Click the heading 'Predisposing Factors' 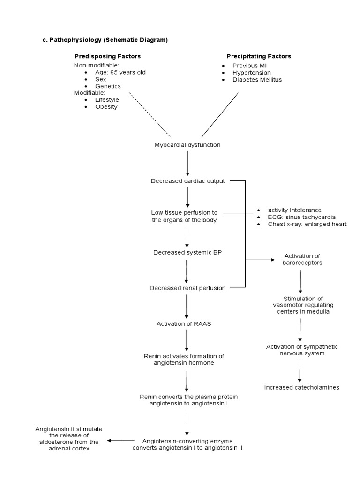point(108,56)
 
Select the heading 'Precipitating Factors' point(259,56)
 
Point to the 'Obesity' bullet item point(106,106)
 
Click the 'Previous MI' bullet point(249,66)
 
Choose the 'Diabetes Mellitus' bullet point(257,79)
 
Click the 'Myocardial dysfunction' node point(187,145)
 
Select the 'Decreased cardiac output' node point(187,181)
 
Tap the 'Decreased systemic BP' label point(187,252)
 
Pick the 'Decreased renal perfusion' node point(187,288)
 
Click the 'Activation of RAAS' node point(187,323)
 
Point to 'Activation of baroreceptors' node point(303,259)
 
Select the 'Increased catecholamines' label point(301,387)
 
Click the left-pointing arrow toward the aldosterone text point(121,441)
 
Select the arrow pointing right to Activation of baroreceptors point(260,259)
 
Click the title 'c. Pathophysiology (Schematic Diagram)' point(105,40)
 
